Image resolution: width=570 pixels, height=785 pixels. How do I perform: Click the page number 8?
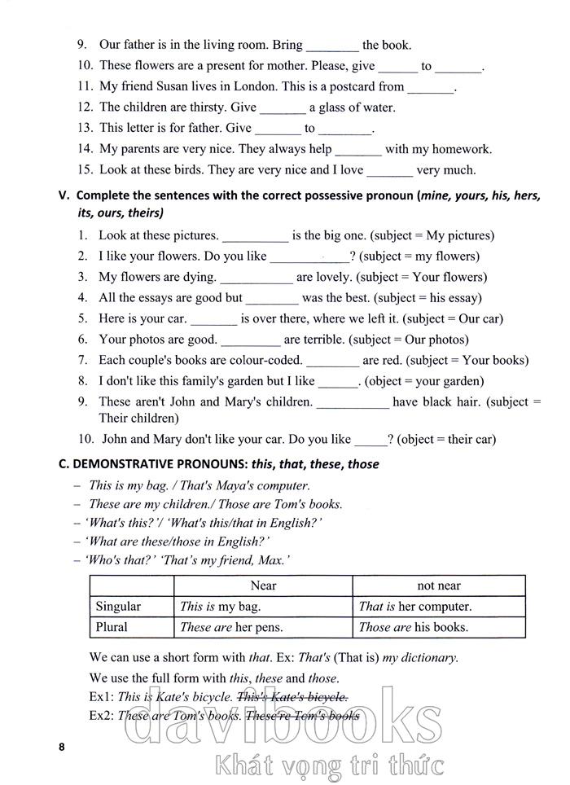60,747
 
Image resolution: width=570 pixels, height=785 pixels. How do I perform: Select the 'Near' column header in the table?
263,585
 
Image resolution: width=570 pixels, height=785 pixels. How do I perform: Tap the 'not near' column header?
438,585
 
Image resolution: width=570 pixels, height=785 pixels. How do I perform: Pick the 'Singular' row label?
118,607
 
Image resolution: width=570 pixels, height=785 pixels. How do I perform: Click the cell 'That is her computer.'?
414,607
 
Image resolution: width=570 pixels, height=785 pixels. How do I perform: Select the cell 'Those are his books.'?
413,627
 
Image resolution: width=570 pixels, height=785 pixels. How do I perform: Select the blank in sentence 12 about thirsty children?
283,108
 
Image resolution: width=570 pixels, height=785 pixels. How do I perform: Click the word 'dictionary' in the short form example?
428,657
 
